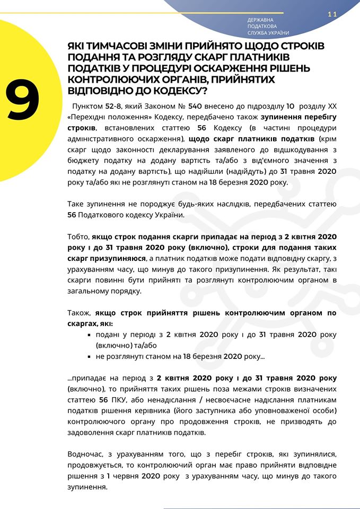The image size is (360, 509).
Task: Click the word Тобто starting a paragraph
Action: (x=78, y=236)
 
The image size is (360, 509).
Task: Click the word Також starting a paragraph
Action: (x=80, y=313)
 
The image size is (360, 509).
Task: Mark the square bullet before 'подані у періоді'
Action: (x=89, y=335)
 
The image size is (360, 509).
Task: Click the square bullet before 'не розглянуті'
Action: (x=89, y=357)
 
